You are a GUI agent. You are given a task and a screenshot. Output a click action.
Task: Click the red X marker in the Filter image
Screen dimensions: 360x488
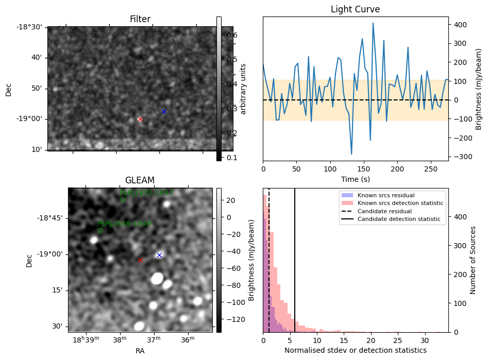[x=140, y=119]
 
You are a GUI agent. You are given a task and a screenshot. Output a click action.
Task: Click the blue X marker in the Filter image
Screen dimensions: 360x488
[x=164, y=111]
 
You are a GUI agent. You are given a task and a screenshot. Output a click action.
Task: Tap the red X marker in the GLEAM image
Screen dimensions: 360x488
[x=140, y=260]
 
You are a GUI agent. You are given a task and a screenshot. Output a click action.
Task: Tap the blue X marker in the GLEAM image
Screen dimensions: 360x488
[x=159, y=255]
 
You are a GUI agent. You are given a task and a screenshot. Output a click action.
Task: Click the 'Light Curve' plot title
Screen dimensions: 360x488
[x=355, y=9]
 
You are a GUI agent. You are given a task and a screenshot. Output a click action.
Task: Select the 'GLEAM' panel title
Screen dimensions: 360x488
[x=140, y=180]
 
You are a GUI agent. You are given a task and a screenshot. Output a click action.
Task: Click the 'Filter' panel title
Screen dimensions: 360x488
[x=140, y=19]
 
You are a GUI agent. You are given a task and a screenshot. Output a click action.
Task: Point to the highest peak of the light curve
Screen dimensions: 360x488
[x=373, y=23]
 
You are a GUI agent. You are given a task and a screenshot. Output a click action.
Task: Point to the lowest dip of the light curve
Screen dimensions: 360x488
[x=351, y=154]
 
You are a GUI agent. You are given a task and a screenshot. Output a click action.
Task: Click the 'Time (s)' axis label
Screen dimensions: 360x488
[x=355, y=179]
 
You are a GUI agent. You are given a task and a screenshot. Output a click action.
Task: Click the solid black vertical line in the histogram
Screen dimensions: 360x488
[x=295, y=258]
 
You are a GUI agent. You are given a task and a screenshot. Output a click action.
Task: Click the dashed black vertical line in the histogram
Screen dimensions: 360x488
[x=269, y=258]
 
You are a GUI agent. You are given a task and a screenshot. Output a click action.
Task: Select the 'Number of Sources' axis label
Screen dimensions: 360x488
[x=473, y=260]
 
